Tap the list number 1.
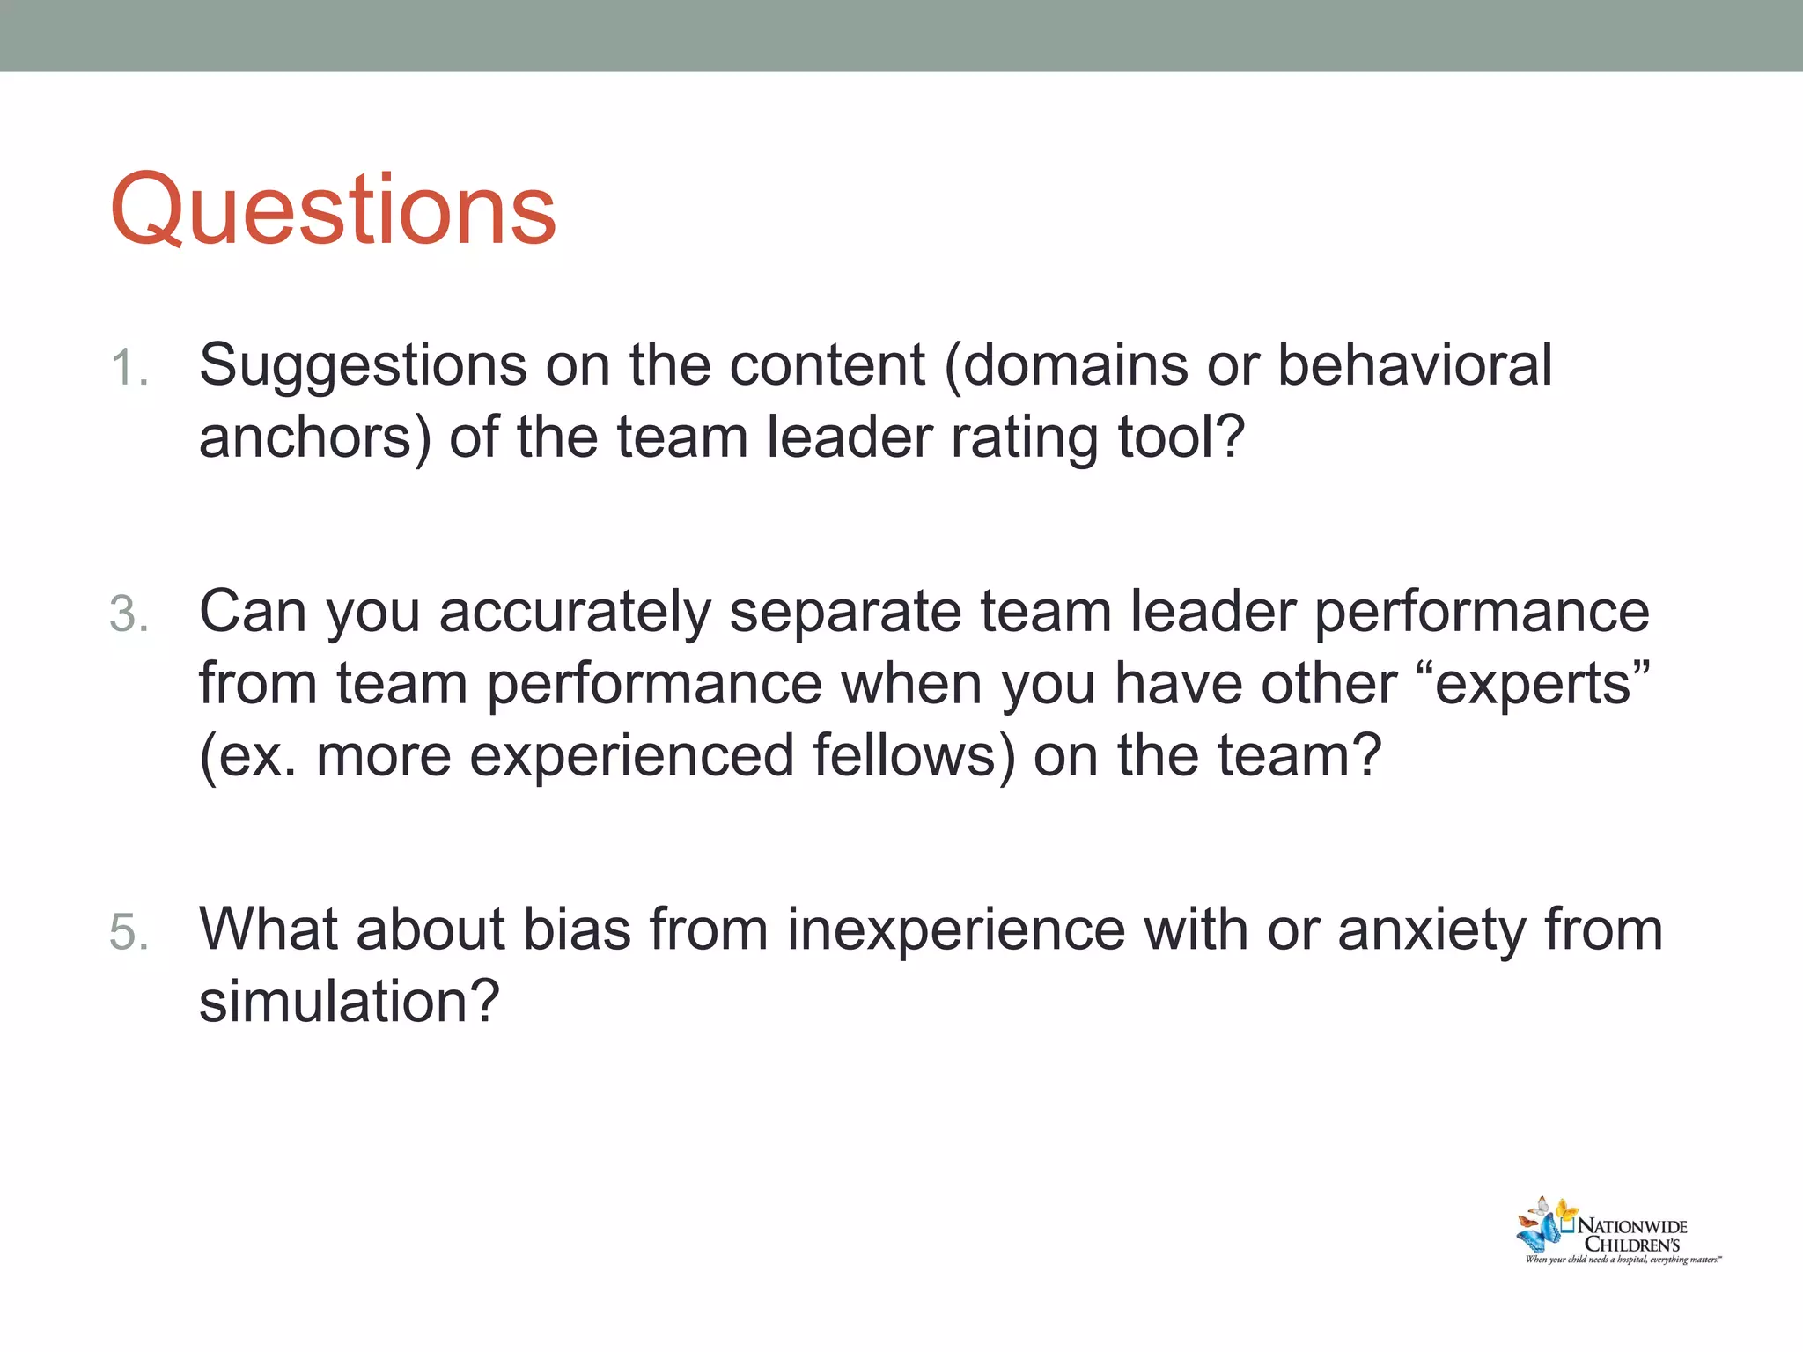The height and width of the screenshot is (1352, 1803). click(129, 368)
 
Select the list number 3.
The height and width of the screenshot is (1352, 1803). click(129, 614)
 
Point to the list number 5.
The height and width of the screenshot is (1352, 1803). click(129, 932)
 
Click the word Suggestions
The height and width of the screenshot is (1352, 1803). click(362, 366)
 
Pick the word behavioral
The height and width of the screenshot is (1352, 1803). click(1414, 364)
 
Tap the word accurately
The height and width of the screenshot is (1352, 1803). click(574, 613)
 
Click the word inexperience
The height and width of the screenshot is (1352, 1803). click(955, 931)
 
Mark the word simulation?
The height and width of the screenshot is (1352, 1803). click(349, 1003)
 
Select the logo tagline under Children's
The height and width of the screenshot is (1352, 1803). click(1623, 1260)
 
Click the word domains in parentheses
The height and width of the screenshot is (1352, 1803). click(1074, 364)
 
